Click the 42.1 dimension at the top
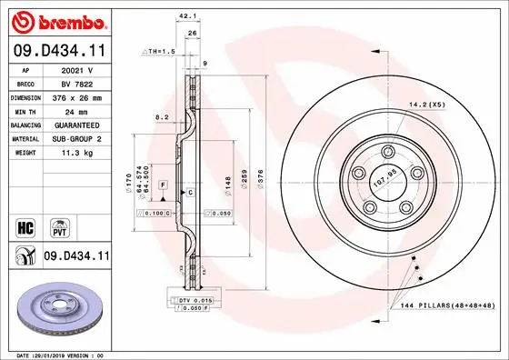(x=187, y=15)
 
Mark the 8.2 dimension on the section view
(x=162, y=117)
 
